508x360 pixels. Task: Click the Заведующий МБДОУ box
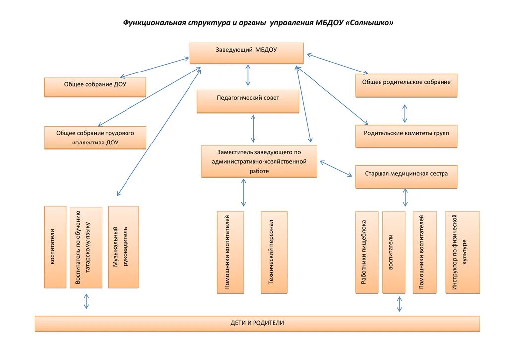click(246, 53)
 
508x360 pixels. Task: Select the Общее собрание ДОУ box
click(95, 87)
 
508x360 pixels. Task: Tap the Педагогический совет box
click(248, 101)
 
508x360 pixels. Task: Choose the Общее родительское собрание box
click(406, 86)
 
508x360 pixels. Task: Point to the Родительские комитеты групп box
click(406, 137)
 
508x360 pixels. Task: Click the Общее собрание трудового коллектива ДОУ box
click(95, 138)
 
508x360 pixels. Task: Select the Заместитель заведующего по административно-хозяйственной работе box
click(259, 161)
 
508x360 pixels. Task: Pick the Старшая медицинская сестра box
click(406, 177)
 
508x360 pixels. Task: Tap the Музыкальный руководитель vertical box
click(124, 247)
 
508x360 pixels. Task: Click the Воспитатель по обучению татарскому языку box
click(86, 247)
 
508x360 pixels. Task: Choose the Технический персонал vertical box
click(274, 253)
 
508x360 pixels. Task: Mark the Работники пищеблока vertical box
click(367, 253)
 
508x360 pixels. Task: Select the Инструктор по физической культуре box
click(463, 253)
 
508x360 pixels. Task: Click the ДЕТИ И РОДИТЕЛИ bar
click(257, 324)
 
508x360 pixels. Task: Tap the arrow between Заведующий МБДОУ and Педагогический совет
click(248, 75)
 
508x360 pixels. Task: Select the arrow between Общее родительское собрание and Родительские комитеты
click(405, 113)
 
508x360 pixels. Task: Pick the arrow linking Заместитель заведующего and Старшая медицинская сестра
click(336, 169)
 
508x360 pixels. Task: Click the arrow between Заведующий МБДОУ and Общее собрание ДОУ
click(154, 68)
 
